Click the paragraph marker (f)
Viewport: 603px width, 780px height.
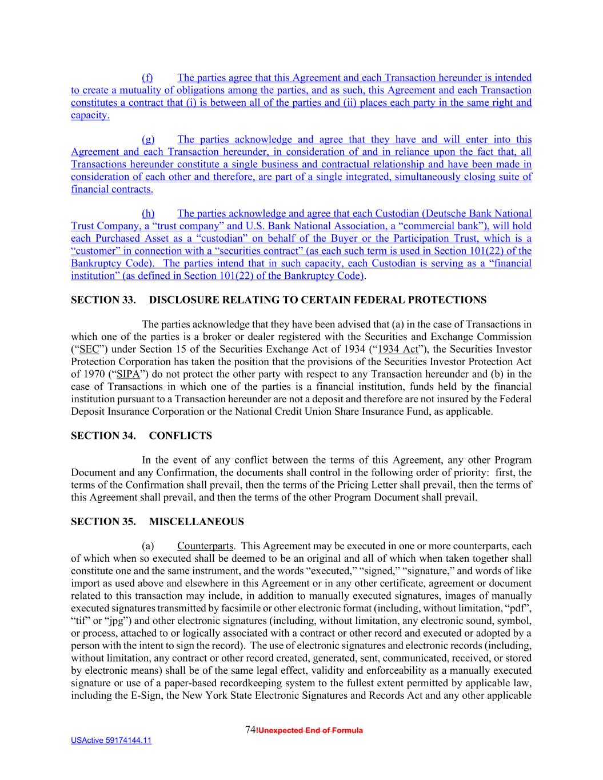pyautogui.click(x=147, y=78)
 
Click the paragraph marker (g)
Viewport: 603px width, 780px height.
pyautogui.click(x=148, y=139)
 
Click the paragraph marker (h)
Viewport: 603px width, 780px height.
pyautogui.click(x=148, y=214)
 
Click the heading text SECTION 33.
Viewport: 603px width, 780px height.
pyautogui.click(x=103, y=300)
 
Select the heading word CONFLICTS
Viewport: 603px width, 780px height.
pyautogui.click(x=180, y=436)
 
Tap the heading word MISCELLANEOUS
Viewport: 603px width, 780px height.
pyautogui.click(x=196, y=522)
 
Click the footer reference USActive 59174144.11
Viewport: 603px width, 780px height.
pyautogui.click(x=111, y=741)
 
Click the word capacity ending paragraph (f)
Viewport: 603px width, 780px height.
pyautogui.click(x=89, y=115)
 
